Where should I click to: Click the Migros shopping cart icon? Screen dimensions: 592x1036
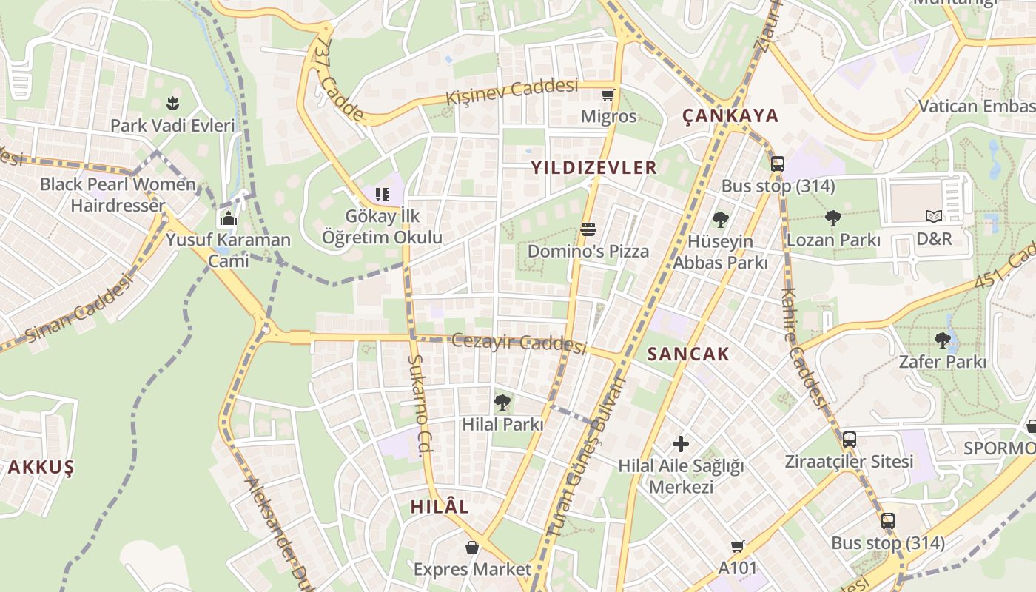(x=608, y=95)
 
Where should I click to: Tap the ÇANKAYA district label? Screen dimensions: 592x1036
(x=730, y=115)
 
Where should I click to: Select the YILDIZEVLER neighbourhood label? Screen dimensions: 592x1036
(x=593, y=167)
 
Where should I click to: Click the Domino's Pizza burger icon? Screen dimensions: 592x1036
(x=588, y=229)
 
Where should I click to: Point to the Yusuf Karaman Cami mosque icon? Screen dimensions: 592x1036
(x=229, y=218)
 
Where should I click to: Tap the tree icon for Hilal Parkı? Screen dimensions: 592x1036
(x=502, y=403)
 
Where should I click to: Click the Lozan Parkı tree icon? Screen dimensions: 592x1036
(x=833, y=218)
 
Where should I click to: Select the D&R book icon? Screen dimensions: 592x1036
(x=934, y=217)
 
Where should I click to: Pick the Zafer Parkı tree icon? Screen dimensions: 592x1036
(x=942, y=340)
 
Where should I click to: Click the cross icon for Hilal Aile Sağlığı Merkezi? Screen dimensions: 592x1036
(x=681, y=444)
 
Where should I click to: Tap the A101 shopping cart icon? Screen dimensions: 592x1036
(x=737, y=546)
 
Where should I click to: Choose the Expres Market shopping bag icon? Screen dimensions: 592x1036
(x=472, y=548)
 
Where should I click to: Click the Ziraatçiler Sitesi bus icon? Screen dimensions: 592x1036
(x=850, y=440)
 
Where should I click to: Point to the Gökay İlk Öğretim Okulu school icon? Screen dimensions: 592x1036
(x=382, y=195)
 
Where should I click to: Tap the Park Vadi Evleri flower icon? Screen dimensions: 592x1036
(x=173, y=103)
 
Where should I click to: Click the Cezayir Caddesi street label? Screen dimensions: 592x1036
(x=519, y=343)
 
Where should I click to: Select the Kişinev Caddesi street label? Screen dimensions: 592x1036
(x=511, y=92)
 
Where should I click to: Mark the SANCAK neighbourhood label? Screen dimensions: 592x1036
(x=688, y=354)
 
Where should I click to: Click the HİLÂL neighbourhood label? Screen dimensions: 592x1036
(x=440, y=507)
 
